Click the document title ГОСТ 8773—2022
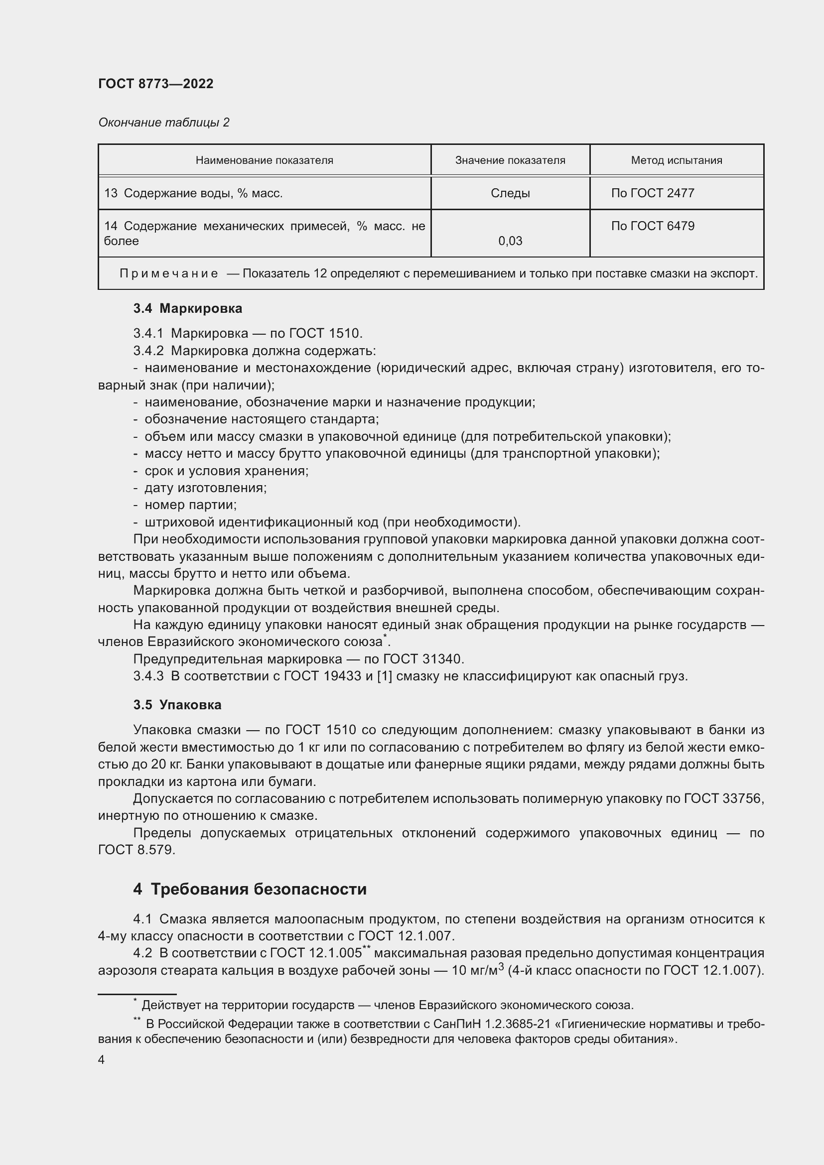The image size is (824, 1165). [x=156, y=84]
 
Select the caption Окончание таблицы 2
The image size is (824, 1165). [x=163, y=123]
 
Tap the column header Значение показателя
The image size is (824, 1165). [x=510, y=160]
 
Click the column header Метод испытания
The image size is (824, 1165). [x=677, y=160]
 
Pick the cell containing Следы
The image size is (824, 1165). [x=510, y=193]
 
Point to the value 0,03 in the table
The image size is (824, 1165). [x=510, y=241]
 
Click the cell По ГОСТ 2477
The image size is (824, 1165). [x=653, y=193]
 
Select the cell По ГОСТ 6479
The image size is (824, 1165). [x=653, y=226]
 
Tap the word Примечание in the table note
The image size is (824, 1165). [x=169, y=274]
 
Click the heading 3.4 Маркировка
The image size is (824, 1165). [x=188, y=308]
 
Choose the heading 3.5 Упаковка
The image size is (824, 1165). [x=177, y=705]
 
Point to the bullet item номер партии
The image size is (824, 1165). [x=190, y=505]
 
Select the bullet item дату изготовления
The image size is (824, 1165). [x=205, y=488]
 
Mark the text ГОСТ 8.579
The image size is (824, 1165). [x=137, y=850]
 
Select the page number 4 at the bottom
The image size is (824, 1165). [x=102, y=1059]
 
